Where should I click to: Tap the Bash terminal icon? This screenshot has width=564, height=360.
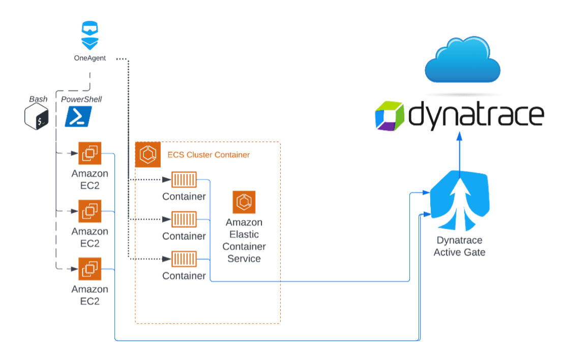37,116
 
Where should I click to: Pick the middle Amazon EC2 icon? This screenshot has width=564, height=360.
90,211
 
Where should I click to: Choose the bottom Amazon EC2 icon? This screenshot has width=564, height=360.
90,268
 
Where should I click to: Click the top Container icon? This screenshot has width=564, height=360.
184,179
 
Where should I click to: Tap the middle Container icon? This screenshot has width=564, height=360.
184,219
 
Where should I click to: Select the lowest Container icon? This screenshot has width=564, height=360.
184,259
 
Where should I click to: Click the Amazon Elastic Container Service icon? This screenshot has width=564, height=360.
244,202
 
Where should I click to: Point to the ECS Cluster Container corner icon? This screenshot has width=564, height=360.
148,155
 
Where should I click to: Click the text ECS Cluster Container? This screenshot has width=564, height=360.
209,155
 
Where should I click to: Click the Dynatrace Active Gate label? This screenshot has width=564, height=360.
459,246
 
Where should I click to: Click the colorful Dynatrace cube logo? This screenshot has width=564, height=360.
390,116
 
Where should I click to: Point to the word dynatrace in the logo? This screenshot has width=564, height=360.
476,115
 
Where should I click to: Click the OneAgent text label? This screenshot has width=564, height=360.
90,58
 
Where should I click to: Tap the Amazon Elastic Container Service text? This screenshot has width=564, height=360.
244,241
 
